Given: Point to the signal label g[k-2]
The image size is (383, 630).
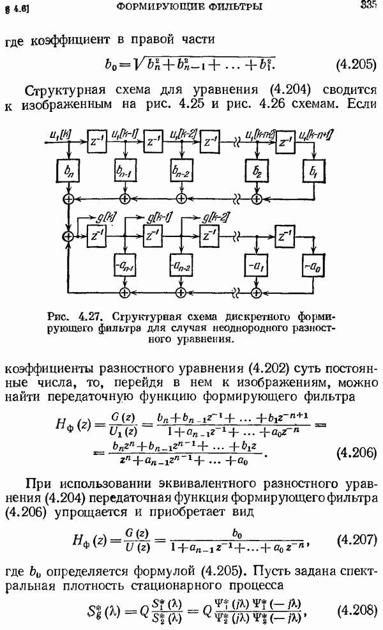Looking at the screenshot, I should click(x=214, y=218).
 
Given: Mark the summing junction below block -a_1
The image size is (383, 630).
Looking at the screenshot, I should click(x=257, y=291).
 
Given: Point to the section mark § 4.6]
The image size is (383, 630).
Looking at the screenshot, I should click(x=19, y=9).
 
